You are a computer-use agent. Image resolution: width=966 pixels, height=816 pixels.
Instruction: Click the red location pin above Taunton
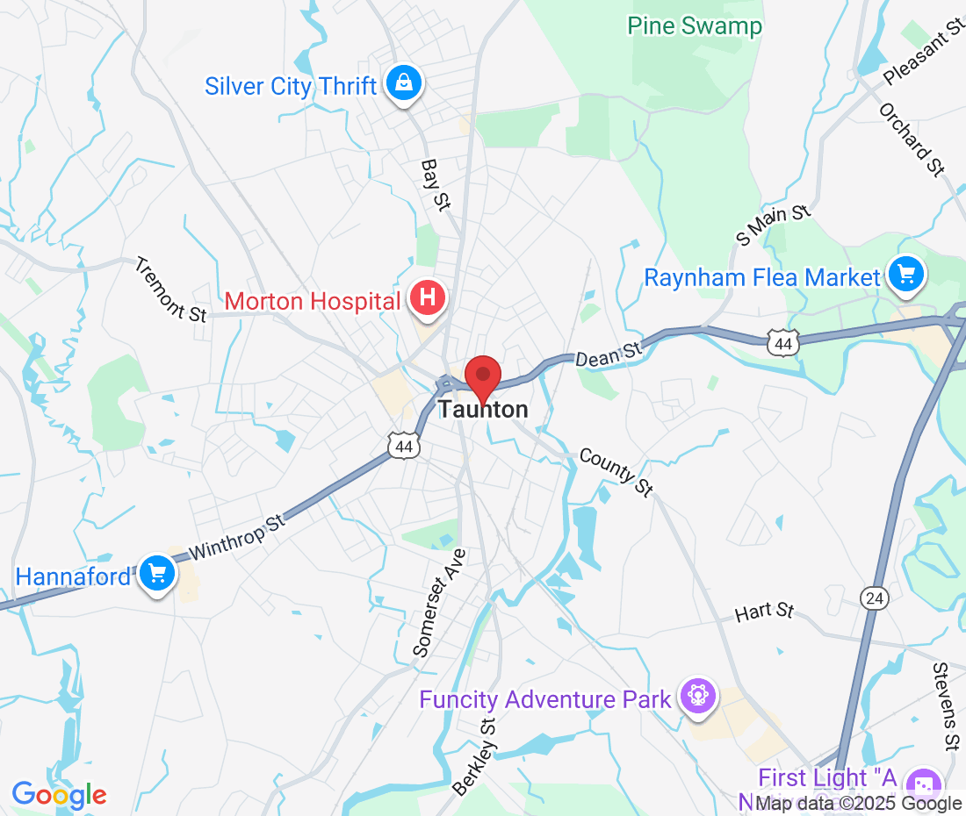click(x=482, y=377)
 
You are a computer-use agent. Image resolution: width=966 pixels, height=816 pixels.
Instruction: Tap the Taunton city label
click(x=484, y=410)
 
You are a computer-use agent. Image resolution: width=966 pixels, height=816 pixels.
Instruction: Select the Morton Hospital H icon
click(x=428, y=299)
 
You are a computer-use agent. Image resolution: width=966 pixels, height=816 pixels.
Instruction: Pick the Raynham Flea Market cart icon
click(x=905, y=276)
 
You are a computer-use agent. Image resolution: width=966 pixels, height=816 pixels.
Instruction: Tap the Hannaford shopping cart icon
click(x=157, y=574)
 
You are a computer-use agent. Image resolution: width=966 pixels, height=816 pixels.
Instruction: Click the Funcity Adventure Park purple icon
click(x=698, y=698)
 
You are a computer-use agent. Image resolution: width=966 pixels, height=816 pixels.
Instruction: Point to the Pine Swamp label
click(x=695, y=26)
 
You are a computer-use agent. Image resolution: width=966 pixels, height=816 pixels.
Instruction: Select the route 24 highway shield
click(x=875, y=598)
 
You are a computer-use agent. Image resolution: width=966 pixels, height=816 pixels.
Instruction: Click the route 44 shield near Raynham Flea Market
click(x=782, y=344)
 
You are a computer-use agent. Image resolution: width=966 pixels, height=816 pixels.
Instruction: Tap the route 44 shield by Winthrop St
click(x=404, y=447)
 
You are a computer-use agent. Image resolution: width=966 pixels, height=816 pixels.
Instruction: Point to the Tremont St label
click(x=171, y=290)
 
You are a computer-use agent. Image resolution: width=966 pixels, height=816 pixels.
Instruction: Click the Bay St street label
click(x=436, y=184)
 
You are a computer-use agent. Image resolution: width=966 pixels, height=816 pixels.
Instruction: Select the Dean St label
click(x=609, y=354)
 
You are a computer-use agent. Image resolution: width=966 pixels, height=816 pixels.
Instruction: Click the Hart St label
click(x=764, y=612)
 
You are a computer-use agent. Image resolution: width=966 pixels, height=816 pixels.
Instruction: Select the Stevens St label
click(x=944, y=707)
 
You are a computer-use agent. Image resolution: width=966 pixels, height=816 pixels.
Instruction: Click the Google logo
click(x=59, y=795)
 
